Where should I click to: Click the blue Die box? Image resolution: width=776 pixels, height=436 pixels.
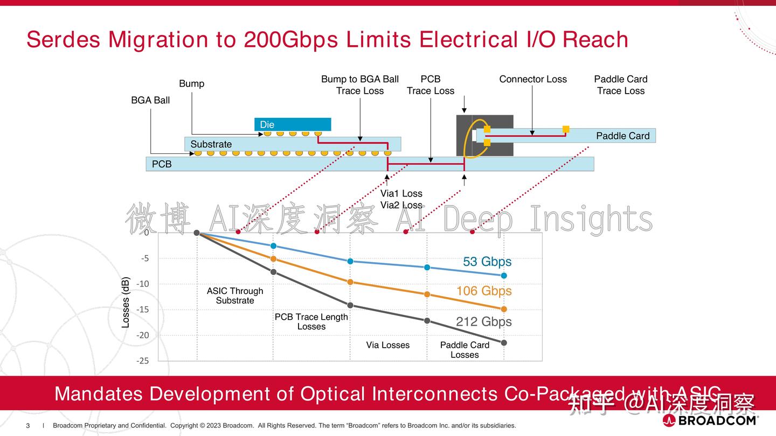293,124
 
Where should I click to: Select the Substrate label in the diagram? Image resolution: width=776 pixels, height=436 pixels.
211,144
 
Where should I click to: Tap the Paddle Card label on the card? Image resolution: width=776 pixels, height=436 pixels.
622,136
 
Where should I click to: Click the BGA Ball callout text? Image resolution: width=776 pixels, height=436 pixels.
150,100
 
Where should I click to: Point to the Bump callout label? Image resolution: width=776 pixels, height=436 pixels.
192,83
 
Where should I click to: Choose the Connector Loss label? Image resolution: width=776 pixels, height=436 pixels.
533,79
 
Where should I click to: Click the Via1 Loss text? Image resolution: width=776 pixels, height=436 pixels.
401,193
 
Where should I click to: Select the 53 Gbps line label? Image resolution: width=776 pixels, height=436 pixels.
487,262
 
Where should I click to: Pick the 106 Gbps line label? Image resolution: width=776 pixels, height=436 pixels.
484,291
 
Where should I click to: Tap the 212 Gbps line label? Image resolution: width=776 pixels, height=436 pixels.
484,321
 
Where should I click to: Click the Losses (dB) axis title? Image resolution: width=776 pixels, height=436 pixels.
126,302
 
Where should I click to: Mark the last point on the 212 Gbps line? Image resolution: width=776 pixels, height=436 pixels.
504,342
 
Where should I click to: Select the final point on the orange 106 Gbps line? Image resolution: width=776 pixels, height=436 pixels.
504,309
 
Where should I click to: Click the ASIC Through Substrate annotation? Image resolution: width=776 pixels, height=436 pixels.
235,296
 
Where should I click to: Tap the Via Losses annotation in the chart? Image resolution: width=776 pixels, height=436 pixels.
387,345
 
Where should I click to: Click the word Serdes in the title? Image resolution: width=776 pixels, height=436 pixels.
64,39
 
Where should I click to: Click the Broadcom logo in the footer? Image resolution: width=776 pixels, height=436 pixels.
710,420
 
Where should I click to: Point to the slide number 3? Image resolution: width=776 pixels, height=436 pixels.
28,426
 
